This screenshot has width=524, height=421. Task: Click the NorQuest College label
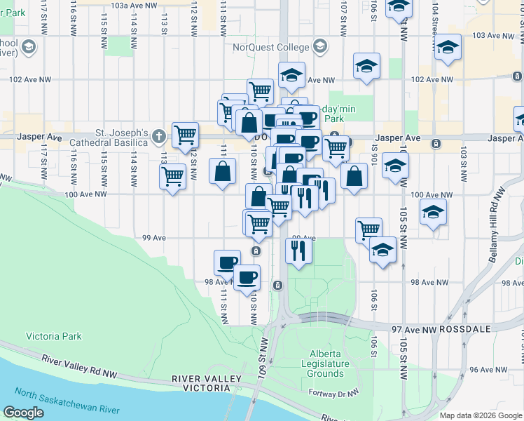(271, 47)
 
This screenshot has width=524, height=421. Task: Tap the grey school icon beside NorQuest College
(319, 47)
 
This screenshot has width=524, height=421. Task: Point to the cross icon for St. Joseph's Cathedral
(159, 135)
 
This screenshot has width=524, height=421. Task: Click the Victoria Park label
(54, 336)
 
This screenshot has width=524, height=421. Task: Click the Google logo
(23, 413)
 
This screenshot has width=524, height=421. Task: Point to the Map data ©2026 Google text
(481, 415)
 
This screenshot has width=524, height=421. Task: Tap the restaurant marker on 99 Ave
(298, 250)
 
